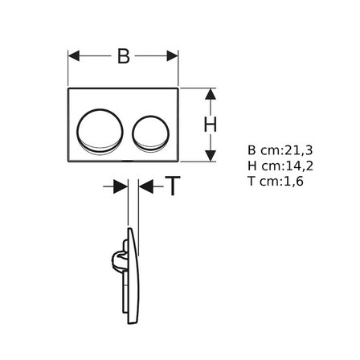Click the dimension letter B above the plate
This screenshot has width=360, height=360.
(124, 56)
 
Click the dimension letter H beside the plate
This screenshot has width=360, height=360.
(211, 125)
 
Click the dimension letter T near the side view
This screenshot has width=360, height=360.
(172, 186)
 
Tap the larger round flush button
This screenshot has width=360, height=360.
(100, 131)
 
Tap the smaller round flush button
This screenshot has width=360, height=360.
(150, 133)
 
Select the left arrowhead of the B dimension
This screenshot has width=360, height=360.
(74, 56)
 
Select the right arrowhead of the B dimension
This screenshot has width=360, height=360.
(173, 56)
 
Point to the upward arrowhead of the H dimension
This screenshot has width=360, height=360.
(211, 94)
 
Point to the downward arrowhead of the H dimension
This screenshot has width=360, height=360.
(211, 156)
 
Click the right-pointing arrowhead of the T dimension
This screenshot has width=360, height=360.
(121, 186)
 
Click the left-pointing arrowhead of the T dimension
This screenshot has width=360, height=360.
(146, 186)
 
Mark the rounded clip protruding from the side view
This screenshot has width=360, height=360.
(118, 258)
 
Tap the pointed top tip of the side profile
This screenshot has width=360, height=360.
(129, 228)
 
